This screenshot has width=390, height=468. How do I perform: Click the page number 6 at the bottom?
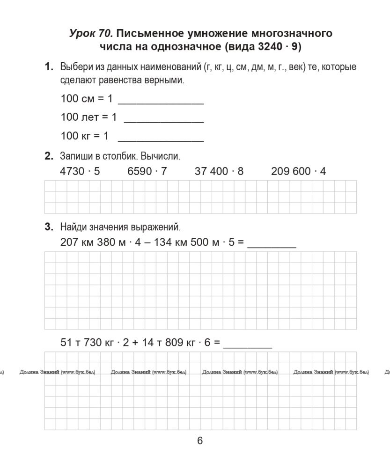coord(200,440)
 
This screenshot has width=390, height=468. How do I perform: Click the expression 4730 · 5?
coord(80,171)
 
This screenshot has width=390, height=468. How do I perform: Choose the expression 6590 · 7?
coord(147,171)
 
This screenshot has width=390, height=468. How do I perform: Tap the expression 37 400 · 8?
coord(219,171)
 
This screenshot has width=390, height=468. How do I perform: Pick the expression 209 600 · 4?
coord(298,171)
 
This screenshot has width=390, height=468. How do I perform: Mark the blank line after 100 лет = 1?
coord(163,120)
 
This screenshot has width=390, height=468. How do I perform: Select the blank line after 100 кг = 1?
coord(161,139)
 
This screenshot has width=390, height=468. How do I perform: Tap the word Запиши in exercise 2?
coord(74,155)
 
